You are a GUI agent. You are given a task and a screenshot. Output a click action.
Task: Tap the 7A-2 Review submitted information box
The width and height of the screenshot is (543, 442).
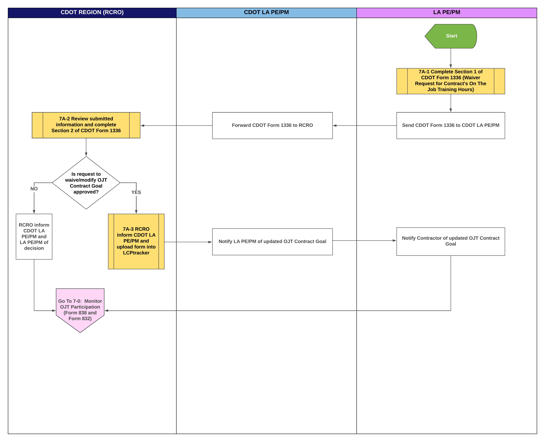click(86, 125)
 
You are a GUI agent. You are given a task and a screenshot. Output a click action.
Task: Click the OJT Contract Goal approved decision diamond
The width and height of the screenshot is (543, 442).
click(86, 183)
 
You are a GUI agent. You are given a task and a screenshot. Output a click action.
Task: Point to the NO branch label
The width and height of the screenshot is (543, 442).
click(34, 189)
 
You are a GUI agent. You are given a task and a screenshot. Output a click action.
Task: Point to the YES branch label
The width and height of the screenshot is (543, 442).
click(136, 192)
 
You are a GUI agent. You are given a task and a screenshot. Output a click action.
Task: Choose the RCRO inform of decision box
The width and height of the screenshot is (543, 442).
click(34, 237)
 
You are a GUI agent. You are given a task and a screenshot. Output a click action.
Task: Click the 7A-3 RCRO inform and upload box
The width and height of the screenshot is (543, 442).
click(136, 241)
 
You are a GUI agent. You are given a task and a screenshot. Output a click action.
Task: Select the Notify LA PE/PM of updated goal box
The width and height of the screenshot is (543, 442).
click(272, 242)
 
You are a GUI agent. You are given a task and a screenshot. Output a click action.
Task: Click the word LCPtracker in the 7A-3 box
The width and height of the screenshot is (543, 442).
click(136, 253)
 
